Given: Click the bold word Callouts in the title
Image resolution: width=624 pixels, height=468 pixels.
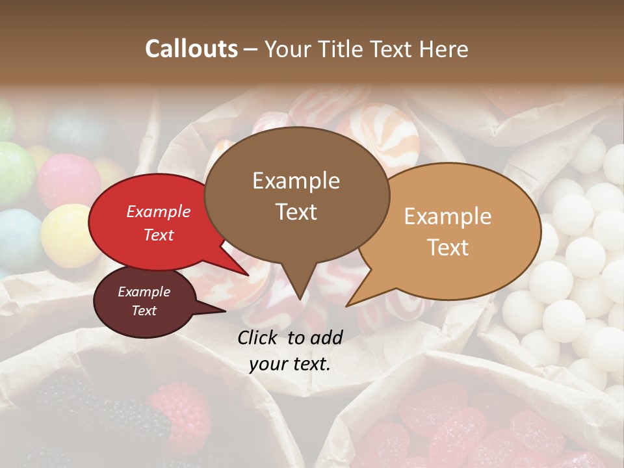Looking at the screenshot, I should tap(191, 49).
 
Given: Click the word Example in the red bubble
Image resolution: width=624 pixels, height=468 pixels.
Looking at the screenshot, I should tap(158, 211).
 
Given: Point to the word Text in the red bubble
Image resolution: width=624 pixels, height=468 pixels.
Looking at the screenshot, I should tap(158, 235).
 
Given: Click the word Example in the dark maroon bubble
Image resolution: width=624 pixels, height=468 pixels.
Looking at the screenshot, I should tap(144, 292).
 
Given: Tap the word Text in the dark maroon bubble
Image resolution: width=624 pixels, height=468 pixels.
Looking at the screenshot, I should tap(144, 311).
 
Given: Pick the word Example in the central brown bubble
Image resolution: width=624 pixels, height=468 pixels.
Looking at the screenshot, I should tap(296, 181).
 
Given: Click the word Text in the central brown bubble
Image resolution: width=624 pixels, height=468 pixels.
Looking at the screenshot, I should tap(296, 212).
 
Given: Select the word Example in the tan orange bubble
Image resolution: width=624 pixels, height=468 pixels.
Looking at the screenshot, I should tap(448, 216).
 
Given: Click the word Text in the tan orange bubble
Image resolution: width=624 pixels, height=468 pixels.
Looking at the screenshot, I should tap(448, 248).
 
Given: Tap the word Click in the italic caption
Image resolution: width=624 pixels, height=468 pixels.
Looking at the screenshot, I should tap(258, 337).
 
